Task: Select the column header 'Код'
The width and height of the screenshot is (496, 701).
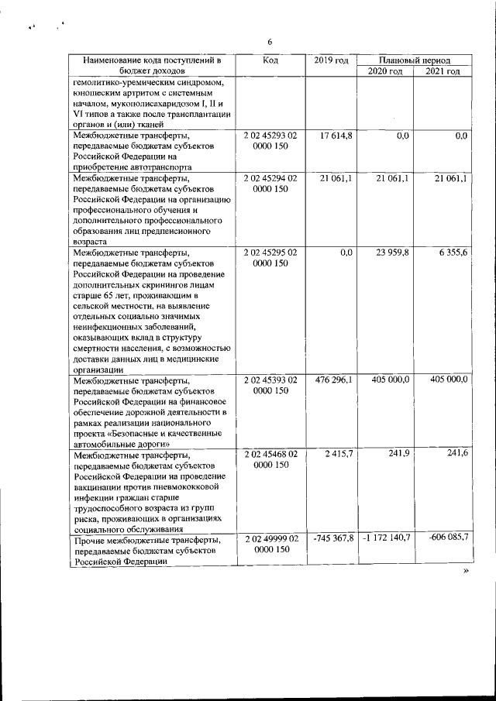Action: click(270, 60)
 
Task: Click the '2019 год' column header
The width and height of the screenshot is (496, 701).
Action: click(332, 60)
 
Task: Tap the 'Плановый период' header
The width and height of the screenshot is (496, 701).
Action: click(415, 60)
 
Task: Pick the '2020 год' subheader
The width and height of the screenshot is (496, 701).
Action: click(385, 71)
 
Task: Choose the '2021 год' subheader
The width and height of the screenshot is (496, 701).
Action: click(443, 71)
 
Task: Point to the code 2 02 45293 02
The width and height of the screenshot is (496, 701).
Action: click(270, 136)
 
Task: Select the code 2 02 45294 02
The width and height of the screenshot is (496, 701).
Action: click(270, 179)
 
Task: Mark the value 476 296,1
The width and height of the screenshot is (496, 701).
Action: click(333, 380)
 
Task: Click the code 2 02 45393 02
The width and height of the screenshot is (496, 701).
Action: click(270, 380)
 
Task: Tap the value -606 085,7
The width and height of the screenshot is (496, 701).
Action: click(446, 537)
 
